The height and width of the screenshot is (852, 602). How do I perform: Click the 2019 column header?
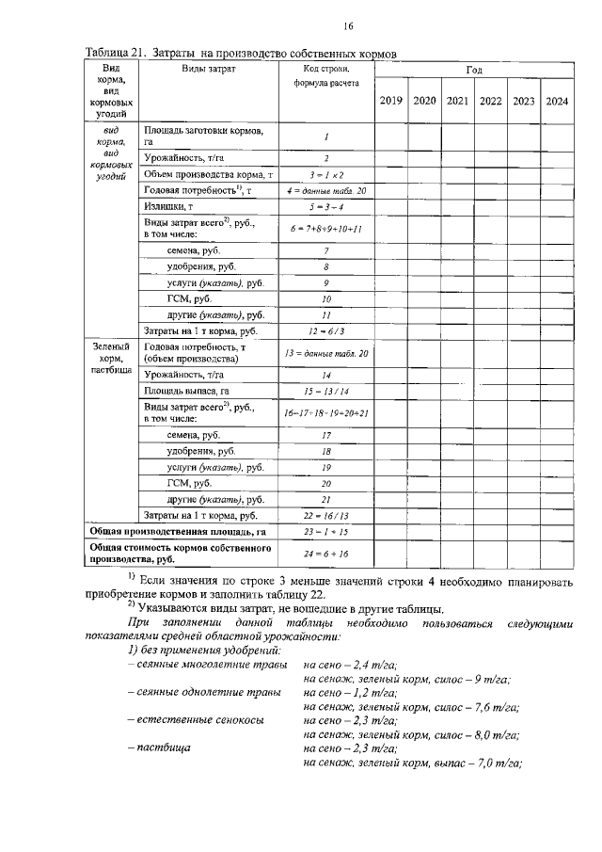390,101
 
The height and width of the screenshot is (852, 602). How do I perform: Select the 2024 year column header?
556,101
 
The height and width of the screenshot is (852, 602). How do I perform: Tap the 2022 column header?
490,101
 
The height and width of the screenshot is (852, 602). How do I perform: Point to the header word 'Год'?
474,71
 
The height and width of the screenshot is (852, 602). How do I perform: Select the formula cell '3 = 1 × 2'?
326,175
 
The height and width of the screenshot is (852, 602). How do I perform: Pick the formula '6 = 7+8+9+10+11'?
326,228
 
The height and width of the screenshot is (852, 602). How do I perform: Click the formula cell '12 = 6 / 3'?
326,330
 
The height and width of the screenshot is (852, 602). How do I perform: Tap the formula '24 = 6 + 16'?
326,555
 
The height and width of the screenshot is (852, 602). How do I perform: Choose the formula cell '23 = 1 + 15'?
326,531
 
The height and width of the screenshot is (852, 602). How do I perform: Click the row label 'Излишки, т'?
169,205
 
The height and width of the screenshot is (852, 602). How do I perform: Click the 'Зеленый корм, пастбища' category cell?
111,359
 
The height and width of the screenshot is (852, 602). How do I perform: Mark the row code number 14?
326,374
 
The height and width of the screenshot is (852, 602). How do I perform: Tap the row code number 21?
326,499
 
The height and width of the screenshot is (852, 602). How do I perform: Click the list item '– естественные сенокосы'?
194,720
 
